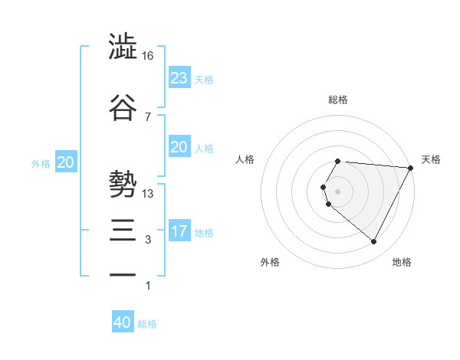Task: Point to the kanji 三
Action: (x=123, y=227)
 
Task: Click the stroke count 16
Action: (x=148, y=56)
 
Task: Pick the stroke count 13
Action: (x=148, y=193)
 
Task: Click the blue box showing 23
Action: (x=179, y=77)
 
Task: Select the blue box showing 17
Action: (x=179, y=231)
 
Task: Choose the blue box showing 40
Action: (x=123, y=322)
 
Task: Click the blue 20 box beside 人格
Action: (x=179, y=147)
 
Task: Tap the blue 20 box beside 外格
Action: (x=66, y=162)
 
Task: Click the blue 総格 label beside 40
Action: (x=147, y=323)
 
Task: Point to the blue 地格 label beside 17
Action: (x=204, y=231)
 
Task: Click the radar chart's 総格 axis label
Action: (x=338, y=100)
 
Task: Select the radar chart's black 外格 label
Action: (x=270, y=262)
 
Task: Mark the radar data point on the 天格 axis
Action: (x=411, y=169)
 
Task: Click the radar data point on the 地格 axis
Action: (x=374, y=241)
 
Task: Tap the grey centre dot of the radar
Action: (x=337, y=191)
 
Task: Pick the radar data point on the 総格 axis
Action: (x=337, y=162)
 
